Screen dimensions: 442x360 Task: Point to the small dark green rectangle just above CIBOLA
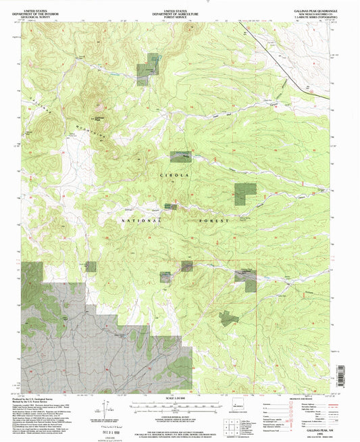pos(180,156)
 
